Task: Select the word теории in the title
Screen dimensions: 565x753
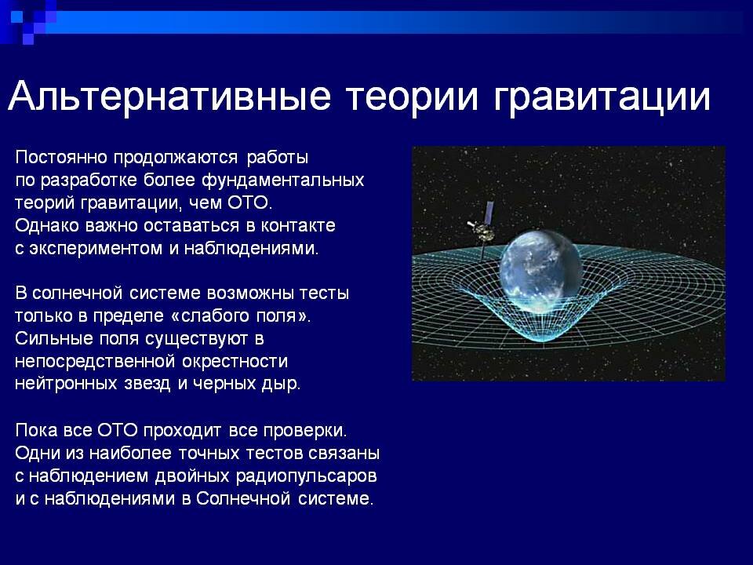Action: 406,99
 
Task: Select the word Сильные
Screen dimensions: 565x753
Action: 49,340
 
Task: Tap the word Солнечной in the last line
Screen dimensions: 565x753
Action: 235,499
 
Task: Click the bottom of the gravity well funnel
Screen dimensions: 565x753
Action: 541,345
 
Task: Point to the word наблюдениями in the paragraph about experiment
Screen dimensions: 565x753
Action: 251,250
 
